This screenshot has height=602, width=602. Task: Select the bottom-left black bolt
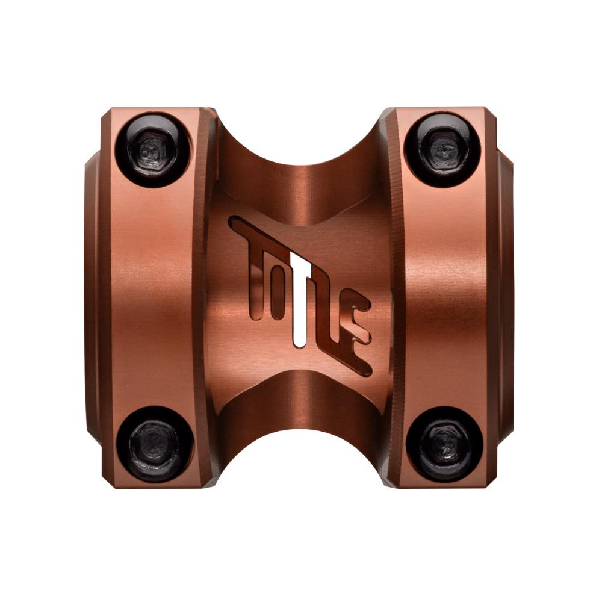pos(154,443)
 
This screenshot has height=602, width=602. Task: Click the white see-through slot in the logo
pos(296,299)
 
